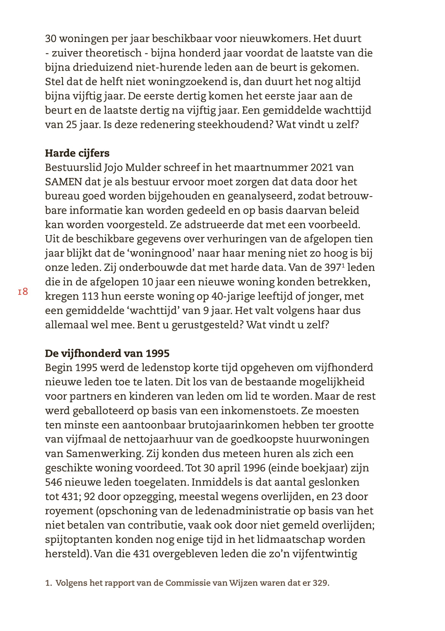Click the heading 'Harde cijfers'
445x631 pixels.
click(x=77, y=153)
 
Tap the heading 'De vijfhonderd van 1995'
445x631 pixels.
click(x=107, y=353)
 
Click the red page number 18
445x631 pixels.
click(x=23, y=292)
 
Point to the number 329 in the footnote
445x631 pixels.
click(x=320, y=583)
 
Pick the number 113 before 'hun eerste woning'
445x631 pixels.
click(x=90, y=296)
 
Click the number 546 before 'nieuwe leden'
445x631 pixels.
click(x=53, y=482)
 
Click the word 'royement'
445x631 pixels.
click(x=64, y=511)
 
